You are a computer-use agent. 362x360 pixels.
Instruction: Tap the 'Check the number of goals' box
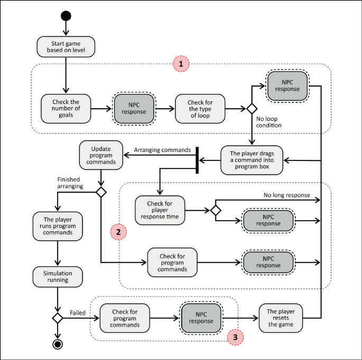click(x=66, y=109)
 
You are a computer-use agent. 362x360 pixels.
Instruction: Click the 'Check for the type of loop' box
click(x=199, y=109)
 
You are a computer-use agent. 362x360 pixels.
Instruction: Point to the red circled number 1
click(x=181, y=64)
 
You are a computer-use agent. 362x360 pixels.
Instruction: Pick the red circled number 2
click(x=118, y=232)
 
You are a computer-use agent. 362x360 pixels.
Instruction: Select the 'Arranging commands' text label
click(x=162, y=150)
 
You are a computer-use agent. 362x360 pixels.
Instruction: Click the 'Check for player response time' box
click(x=161, y=210)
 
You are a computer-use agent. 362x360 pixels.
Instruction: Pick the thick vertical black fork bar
click(x=197, y=159)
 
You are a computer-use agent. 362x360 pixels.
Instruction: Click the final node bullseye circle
click(x=57, y=345)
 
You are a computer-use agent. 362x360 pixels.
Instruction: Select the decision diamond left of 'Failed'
click(x=57, y=318)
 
